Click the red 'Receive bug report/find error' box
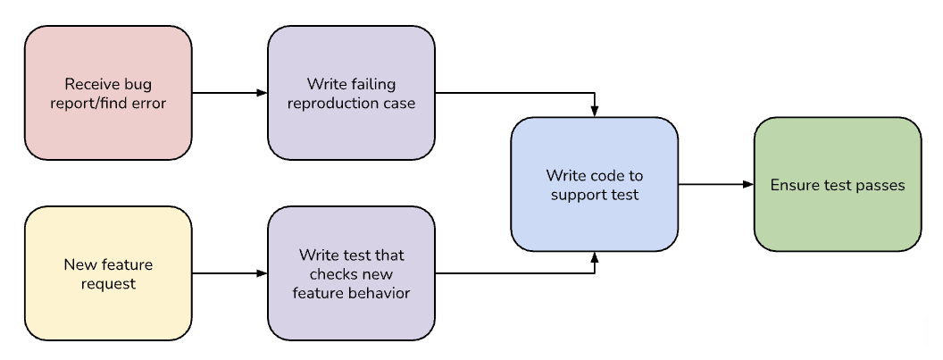pos(108,93)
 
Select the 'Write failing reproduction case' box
pos(351,93)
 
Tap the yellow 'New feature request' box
pos(108,273)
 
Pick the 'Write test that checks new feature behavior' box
pos(351,273)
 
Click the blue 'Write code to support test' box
pos(594,185)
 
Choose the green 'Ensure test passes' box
pos(837,185)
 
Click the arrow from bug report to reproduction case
pos(229,93)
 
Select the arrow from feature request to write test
pos(229,273)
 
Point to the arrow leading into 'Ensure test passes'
pos(715,185)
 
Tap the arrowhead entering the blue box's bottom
pos(595,258)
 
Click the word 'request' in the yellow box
pos(108,283)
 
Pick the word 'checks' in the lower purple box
pos(328,273)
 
